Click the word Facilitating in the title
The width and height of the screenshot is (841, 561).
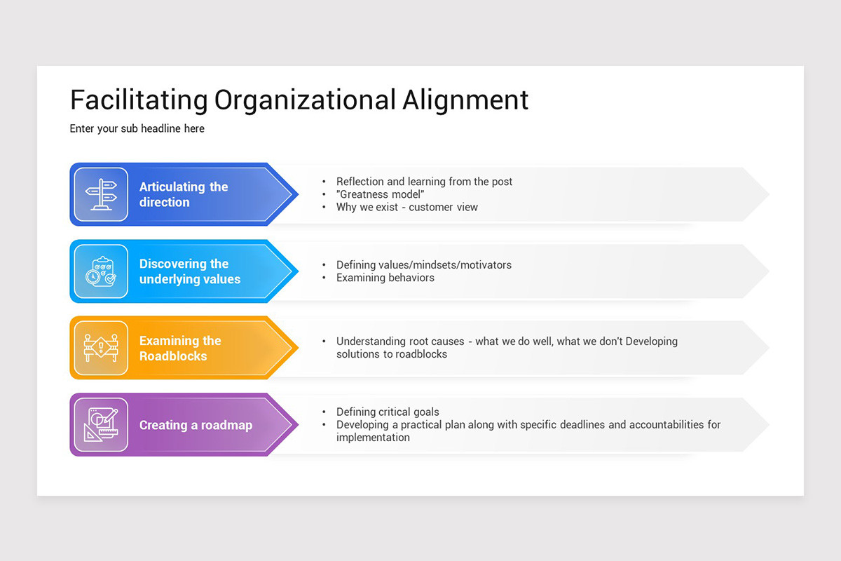(139, 100)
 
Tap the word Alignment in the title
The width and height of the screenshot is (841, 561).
(465, 100)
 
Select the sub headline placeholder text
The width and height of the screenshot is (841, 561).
(137, 128)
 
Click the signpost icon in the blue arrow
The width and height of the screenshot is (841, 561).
(101, 194)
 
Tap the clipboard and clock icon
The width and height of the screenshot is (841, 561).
(101, 271)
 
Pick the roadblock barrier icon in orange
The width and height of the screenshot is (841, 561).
(101, 348)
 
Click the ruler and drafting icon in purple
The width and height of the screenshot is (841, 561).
(101, 425)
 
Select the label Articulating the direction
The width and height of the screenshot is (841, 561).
(184, 194)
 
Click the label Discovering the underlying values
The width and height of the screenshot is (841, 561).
(189, 271)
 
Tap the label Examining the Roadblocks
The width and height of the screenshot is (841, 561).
(180, 349)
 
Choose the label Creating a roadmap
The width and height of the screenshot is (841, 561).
(196, 425)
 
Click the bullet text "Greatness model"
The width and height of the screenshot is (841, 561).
(381, 194)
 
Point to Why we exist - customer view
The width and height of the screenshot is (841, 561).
(406, 207)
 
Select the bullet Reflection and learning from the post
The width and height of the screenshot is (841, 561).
(424, 182)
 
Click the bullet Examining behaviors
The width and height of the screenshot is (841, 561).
(385, 278)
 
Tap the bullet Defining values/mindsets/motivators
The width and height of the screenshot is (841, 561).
(423, 265)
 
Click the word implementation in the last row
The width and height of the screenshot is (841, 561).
(373, 438)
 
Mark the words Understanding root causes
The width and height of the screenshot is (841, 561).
(400, 342)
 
